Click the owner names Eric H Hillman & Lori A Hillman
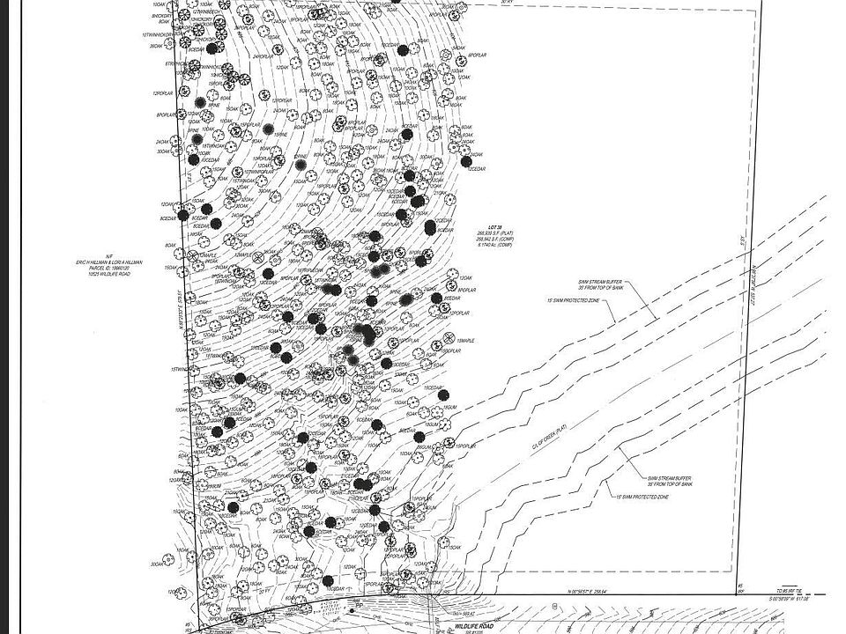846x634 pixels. pos(108,263)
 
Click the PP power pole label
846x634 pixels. pos(359,605)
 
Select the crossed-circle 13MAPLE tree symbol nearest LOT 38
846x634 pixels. pos(448,338)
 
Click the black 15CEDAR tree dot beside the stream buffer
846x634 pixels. pos(443,395)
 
